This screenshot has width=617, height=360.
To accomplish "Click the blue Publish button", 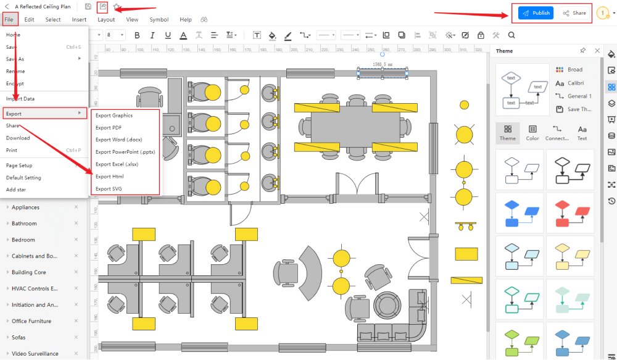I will [x=536, y=13].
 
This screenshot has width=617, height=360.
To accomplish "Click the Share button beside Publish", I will [x=574, y=13].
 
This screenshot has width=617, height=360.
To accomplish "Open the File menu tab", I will [x=9, y=19].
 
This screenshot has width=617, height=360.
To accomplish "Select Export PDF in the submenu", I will [x=109, y=128].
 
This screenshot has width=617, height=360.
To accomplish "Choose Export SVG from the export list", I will [x=109, y=189].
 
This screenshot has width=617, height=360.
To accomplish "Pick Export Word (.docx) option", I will [x=118, y=140].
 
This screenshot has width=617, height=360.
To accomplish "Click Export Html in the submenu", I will [x=109, y=177].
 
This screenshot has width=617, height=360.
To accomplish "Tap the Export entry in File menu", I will [x=14, y=114].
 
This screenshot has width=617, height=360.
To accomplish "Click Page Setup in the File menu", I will [x=19, y=165].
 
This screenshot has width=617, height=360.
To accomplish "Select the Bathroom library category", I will [x=24, y=224].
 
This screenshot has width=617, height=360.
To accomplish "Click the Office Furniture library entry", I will [x=31, y=321].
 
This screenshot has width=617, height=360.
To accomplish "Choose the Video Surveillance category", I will [x=35, y=354].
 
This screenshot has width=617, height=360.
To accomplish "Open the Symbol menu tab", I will [x=159, y=20].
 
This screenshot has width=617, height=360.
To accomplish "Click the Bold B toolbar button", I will [x=137, y=35].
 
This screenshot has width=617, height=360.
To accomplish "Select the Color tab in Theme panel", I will [x=532, y=133].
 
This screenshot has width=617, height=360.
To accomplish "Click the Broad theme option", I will [x=574, y=70].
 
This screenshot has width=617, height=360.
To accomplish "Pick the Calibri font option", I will [x=575, y=83].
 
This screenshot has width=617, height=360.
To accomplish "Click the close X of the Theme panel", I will [x=597, y=51].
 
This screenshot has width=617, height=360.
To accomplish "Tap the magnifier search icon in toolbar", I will [x=511, y=35].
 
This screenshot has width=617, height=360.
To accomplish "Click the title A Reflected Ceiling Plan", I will [x=43, y=7].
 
